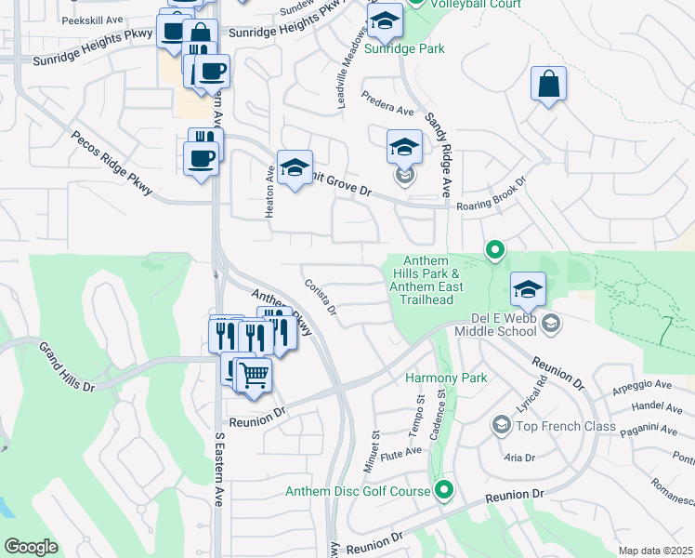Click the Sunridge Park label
404,48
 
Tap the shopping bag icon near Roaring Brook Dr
548,84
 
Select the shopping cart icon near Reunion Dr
254,375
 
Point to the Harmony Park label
434,378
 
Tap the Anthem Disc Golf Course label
358,491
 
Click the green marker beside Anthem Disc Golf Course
445,489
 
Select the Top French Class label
566,427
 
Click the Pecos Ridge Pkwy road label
111,163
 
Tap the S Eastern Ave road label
220,469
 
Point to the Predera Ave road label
391,109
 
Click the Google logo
32,547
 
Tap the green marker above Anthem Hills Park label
495,249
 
